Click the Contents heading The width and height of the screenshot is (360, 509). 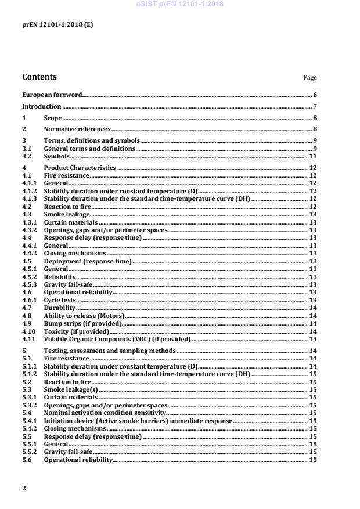point(39,77)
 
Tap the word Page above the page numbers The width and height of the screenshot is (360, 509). point(311,78)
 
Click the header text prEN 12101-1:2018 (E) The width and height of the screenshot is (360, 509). point(50,26)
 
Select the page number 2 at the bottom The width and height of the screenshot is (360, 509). point(24,488)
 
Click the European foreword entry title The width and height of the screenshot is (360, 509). point(52,94)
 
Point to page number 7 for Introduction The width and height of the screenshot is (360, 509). point(315,106)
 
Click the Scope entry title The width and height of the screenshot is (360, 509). point(53,118)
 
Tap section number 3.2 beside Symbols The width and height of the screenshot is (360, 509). point(27,157)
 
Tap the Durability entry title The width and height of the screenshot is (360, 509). point(57,308)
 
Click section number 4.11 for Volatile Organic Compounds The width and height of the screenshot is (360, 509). point(28,339)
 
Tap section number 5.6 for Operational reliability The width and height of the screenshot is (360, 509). point(27,460)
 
